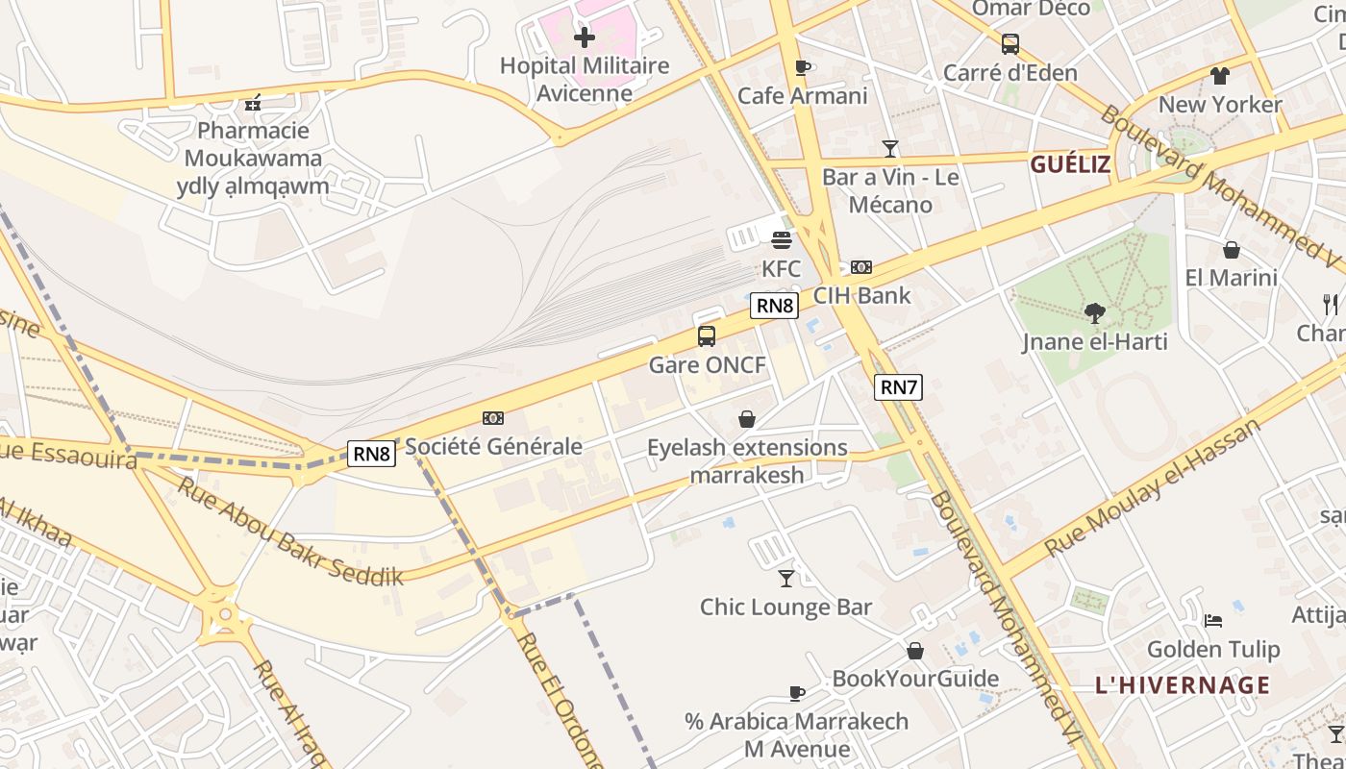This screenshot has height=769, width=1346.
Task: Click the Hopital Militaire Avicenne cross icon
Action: point(584,38)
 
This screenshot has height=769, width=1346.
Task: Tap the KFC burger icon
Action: point(782,239)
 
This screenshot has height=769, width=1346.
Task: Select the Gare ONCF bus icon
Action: point(707,336)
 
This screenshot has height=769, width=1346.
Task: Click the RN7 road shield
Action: point(898,387)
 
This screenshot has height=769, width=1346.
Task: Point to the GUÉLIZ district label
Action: point(1070,164)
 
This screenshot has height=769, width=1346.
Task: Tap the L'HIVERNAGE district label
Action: point(1183,685)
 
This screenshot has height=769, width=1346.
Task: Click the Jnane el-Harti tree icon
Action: point(1094,312)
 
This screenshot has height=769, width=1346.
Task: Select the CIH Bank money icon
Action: point(861,267)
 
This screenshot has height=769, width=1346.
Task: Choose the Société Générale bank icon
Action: point(493,418)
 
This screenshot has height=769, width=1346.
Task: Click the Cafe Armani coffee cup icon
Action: point(803,67)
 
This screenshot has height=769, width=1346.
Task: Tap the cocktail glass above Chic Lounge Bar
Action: point(786,578)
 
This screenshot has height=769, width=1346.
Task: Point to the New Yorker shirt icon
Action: point(1220,76)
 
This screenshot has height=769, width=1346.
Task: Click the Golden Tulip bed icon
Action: point(1213,621)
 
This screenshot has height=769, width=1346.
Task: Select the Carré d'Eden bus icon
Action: point(1009,44)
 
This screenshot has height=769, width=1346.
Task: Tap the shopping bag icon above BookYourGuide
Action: point(915,651)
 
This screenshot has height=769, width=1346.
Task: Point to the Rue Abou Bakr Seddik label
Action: point(288,531)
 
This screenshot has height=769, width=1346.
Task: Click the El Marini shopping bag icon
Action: point(1232,250)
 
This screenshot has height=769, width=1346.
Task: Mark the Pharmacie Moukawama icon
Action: point(254,103)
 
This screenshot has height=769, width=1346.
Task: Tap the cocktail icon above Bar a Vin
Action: point(890,148)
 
